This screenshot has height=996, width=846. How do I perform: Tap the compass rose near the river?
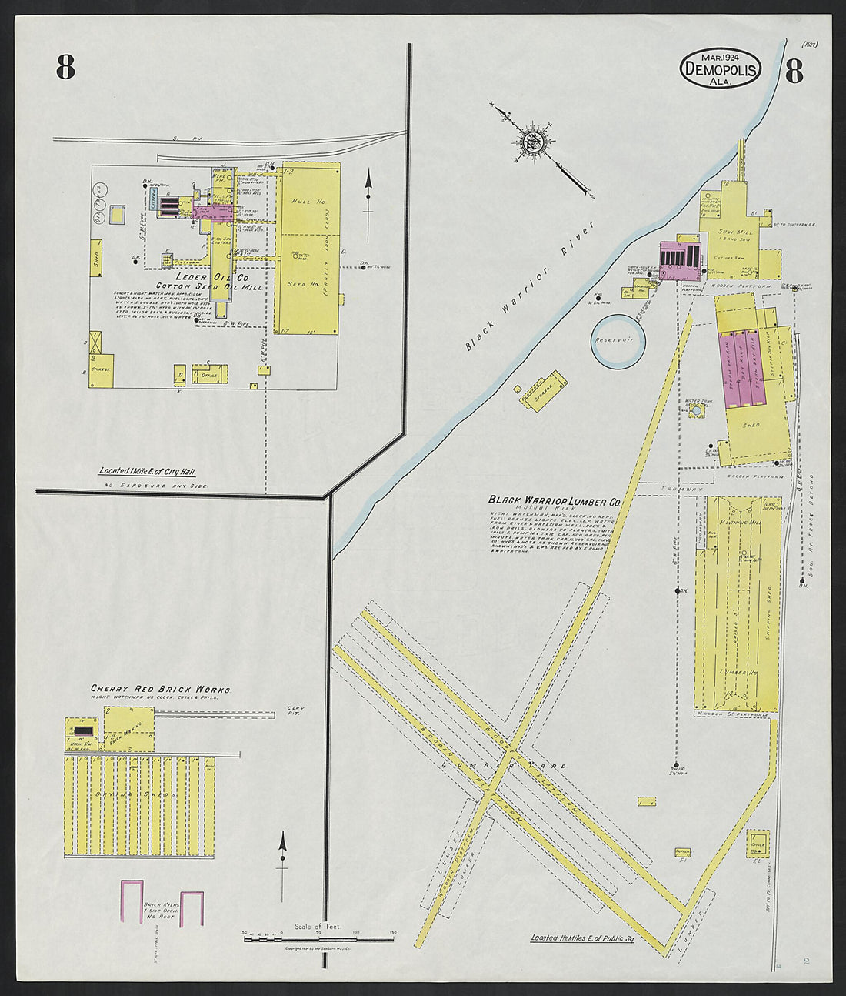click(531, 142)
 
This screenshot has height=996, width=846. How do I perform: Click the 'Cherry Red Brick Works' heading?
click(160, 690)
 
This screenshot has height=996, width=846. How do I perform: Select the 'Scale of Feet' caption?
click(317, 927)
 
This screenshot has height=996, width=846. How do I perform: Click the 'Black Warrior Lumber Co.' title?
click(555, 500)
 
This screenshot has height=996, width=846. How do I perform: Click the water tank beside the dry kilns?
click(696, 412)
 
